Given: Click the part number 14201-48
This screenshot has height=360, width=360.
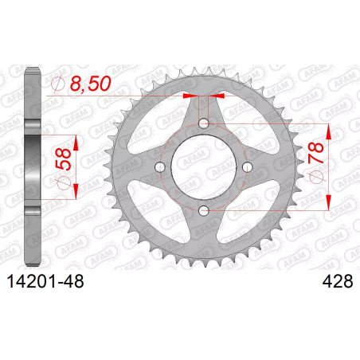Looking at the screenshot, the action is click(45, 281).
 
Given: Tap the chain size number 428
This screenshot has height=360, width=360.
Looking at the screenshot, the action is click(338, 281).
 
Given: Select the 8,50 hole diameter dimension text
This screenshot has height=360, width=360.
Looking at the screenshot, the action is click(90, 84).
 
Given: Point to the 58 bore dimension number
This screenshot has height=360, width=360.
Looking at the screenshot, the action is click(63, 159).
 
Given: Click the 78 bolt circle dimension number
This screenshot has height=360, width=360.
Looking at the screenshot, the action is click(315, 153).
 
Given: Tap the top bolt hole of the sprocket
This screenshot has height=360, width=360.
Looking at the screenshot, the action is click(204, 123).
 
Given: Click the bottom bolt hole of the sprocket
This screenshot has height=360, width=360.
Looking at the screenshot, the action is click(204, 211).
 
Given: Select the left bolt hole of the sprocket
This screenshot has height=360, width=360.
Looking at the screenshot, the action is click(160, 167).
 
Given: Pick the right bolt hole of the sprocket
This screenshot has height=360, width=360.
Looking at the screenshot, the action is click(248, 167).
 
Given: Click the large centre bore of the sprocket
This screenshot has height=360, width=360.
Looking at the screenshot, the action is click(204, 167).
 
